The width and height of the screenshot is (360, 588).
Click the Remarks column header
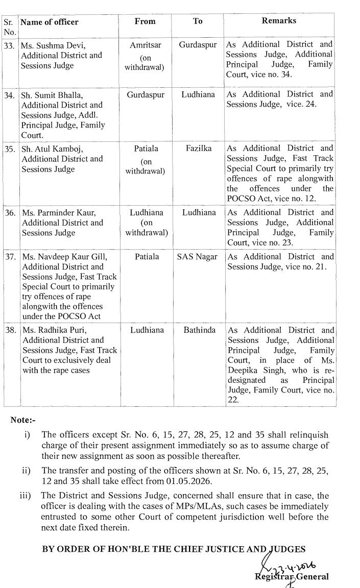pos(279,21)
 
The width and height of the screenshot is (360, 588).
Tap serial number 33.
pos(10,45)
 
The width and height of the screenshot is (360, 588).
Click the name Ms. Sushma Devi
pos(53,45)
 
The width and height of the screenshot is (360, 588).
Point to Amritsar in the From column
pos(146,45)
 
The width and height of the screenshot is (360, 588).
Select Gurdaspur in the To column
pos(198,45)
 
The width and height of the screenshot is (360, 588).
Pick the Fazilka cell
pos(198,149)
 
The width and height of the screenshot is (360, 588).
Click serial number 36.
pos(10,213)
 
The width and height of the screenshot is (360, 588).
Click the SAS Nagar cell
pos(198,257)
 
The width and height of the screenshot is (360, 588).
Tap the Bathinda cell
pos(198,330)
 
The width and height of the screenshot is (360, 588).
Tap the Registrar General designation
pos(293,577)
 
